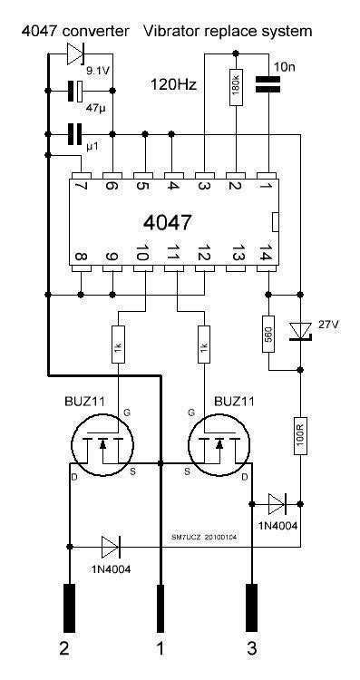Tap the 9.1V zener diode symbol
pyautogui.click(x=74, y=55)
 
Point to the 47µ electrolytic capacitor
pyautogui.click(x=74, y=91)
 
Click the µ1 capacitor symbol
pyautogui.click(x=74, y=135)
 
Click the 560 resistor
pyautogui.click(x=268, y=333)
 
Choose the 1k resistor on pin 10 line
pyautogui.click(x=115, y=349)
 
